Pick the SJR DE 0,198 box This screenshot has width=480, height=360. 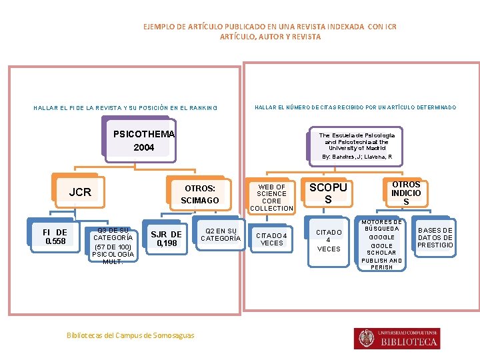pos(166,239)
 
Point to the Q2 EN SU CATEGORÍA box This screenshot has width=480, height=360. pos(221,235)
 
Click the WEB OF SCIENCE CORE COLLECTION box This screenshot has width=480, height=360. pos(271,197)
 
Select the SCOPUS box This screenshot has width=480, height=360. pos(328,193)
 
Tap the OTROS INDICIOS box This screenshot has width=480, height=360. pos(406,193)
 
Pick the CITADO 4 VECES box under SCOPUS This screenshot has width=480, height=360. pos(328,240)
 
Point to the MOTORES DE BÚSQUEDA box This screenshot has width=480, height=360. pos(382,245)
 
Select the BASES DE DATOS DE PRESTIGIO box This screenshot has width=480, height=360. pos(435,237)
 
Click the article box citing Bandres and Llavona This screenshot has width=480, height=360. pos(357,145)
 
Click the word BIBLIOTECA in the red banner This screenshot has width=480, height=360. pos(409,342)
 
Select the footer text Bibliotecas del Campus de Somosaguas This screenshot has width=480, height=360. pos(131,335)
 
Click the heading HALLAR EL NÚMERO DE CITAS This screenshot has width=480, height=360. pos(355,107)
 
